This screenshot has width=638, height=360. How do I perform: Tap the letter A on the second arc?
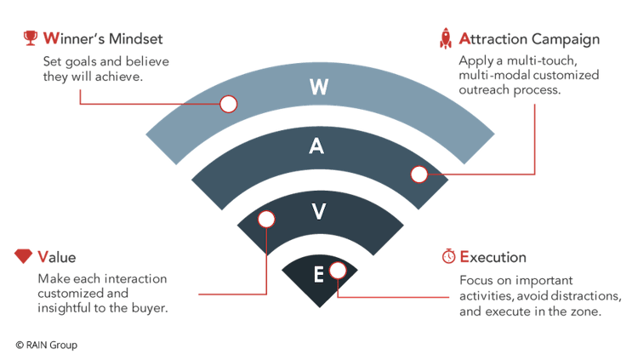tap(316, 146)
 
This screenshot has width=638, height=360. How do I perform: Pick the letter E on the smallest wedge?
tap(318, 274)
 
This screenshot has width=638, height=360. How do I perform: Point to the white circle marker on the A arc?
tap(419, 174)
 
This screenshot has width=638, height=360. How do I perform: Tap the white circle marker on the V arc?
tap(266, 219)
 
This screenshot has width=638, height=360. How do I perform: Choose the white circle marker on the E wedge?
tap(338, 270)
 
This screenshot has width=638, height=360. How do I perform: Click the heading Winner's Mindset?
tap(103, 39)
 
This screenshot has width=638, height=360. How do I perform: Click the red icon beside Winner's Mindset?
tap(31, 38)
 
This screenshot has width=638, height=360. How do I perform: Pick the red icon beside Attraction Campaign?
tap(444, 38)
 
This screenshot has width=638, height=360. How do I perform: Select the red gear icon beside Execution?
tap(447, 257)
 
